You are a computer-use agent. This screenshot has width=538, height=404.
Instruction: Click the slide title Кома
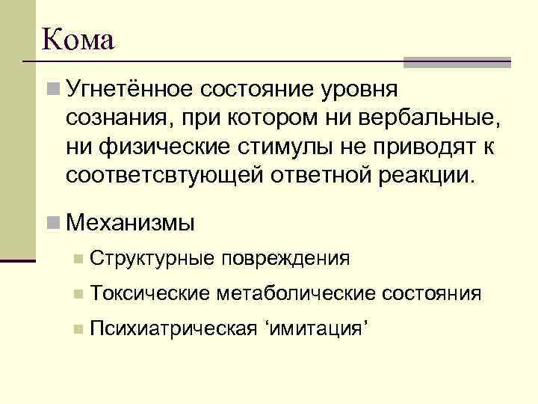tap(78, 39)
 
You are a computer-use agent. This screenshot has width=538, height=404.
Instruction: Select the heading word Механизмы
tap(130, 222)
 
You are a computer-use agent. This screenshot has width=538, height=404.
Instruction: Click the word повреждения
tap(284, 259)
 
